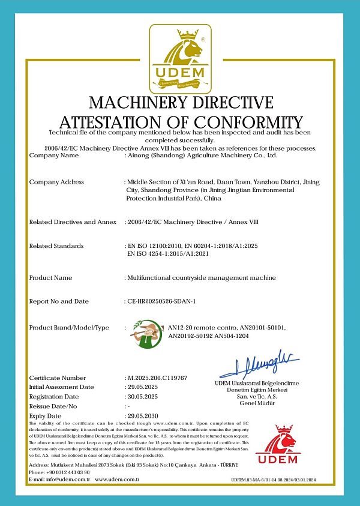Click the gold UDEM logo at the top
[180, 56]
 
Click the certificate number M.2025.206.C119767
[157, 378]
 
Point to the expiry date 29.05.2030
[145, 415]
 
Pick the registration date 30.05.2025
[145, 397]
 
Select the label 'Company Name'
[54, 155]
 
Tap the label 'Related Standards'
[56, 245]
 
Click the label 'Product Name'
[50, 278]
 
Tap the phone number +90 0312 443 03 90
[67, 472]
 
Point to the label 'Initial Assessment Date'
[61, 387]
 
